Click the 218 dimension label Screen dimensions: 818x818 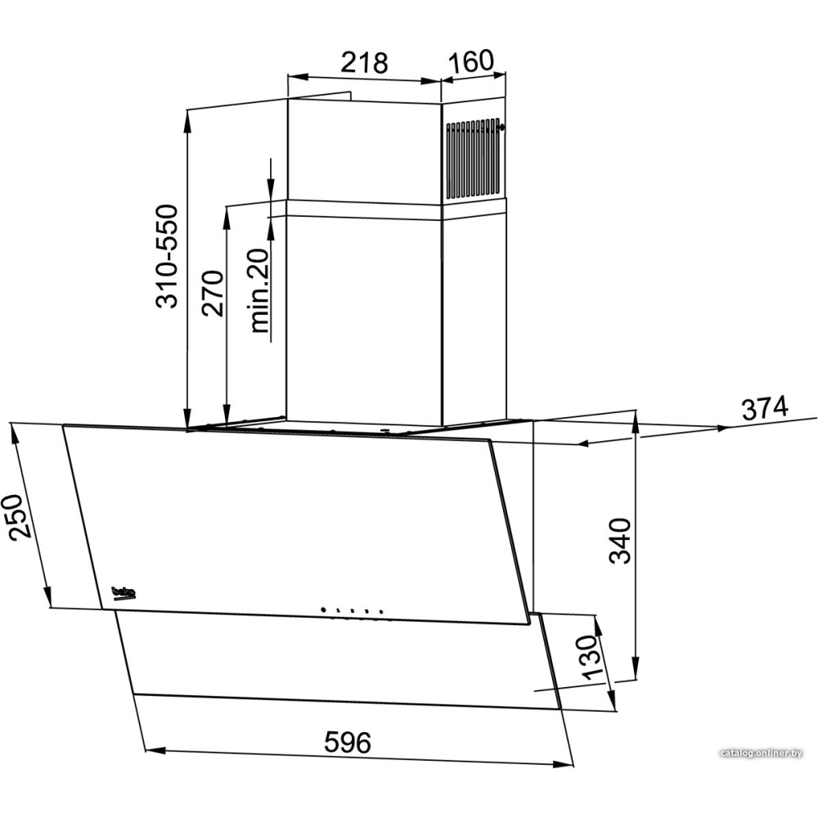pyautogui.click(x=364, y=63)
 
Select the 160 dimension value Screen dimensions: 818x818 pyautogui.click(x=470, y=61)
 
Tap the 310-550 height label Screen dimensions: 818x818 pyautogui.click(x=169, y=256)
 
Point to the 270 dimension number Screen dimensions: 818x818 pyautogui.click(x=213, y=293)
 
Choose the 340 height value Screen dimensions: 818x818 pyautogui.click(x=620, y=541)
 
